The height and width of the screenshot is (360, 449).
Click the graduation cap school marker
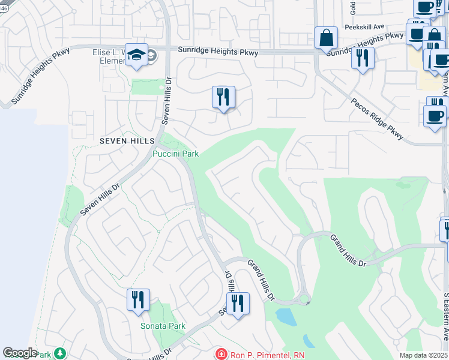click(137, 55)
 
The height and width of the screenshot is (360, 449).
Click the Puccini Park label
click(175, 154)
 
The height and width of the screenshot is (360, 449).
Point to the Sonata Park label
click(163, 326)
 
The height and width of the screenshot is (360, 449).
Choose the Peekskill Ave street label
click(364, 27)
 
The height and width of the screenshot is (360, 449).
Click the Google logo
click(20, 353)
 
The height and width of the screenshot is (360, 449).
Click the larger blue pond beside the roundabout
click(286, 316)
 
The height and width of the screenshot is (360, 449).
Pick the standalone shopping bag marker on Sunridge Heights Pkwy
click(326, 38)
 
